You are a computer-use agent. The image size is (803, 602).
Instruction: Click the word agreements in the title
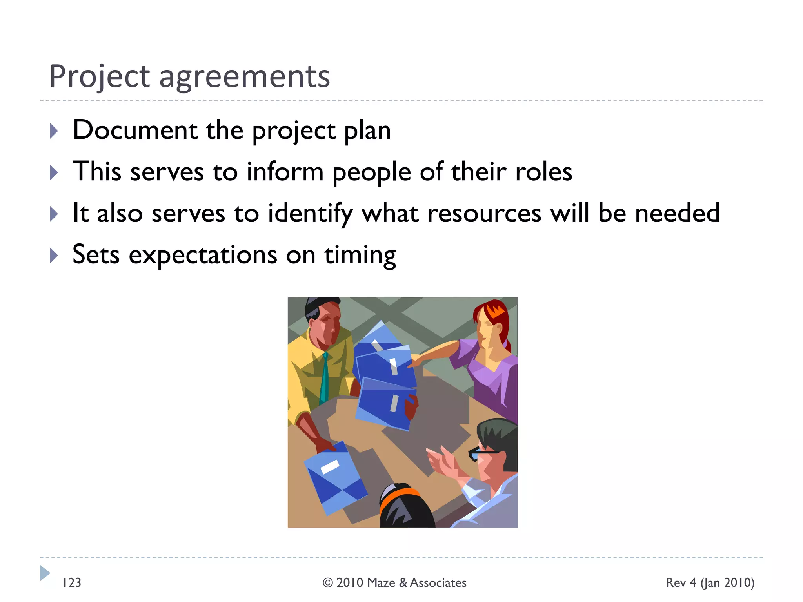[x=245, y=76]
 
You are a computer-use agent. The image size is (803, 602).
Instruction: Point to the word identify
[x=310, y=214]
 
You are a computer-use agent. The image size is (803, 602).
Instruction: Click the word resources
[x=484, y=214]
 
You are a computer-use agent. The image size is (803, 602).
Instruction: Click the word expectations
[x=203, y=256]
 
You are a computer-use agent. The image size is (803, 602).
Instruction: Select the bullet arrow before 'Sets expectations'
[x=54, y=256]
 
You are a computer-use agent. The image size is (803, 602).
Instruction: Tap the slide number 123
[x=72, y=583]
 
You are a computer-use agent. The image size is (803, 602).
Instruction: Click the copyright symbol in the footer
[x=328, y=583]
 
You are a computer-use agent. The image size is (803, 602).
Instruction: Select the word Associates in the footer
[x=438, y=583]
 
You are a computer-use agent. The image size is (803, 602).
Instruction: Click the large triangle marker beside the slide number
[x=44, y=573]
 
